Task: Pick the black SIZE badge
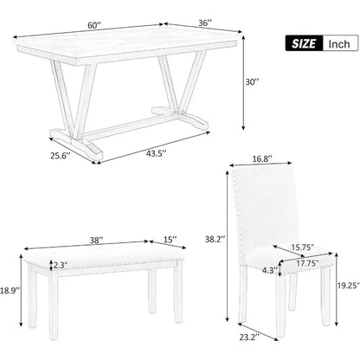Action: pyautogui.click(x=302, y=43)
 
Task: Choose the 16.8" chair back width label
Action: pyautogui.click(x=261, y=159)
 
